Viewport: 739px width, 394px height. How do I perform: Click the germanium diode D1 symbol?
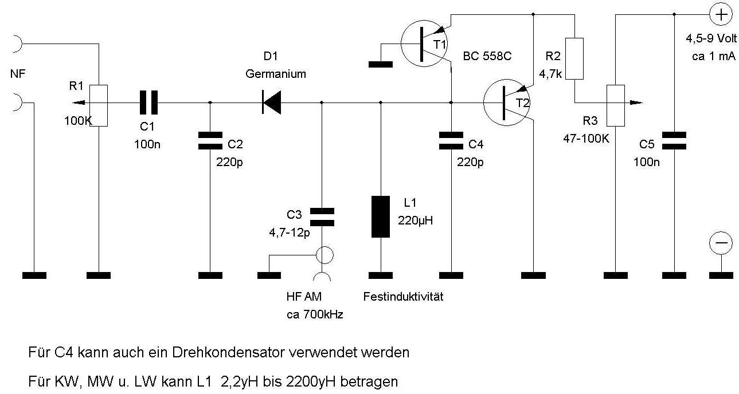coord(271,103)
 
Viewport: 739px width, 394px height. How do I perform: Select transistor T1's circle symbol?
coord(424,42)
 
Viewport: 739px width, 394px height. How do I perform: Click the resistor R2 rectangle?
coord(574,58)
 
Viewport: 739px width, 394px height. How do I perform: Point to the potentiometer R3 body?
coord(616,105)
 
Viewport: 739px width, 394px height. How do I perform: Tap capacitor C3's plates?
coord(322,216)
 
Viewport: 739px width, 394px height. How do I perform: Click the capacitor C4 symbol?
coord(451,140)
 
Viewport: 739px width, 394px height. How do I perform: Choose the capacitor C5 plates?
coord(674,140)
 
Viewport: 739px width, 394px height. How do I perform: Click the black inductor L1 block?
coord(380,216)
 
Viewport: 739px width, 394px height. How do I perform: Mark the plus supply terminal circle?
coord(720,14)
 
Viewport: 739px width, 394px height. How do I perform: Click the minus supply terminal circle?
coord(720,243)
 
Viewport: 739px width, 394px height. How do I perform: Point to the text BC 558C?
coord(487,57)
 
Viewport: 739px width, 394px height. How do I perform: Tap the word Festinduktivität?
coord(403,297)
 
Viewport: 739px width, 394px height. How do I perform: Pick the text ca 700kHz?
coord(314,314)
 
